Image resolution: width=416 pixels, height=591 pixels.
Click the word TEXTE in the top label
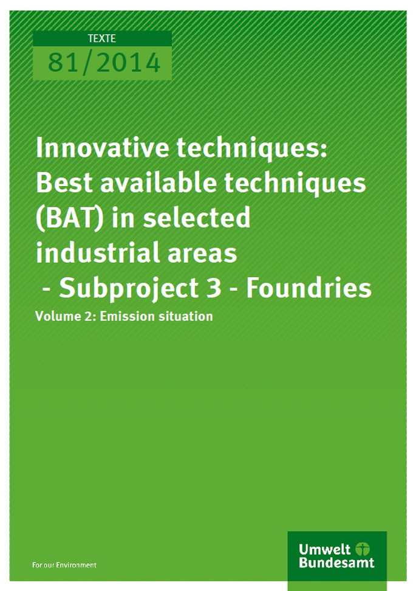pos(102,39)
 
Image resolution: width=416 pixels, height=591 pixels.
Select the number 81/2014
pos(104,62)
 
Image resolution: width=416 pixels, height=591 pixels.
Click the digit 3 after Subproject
pos(214,288)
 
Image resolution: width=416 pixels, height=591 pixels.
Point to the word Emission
pos(128,316)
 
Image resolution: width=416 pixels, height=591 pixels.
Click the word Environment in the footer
pos(76,565)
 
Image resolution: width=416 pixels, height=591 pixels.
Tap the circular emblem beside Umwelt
pos(363,548)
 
